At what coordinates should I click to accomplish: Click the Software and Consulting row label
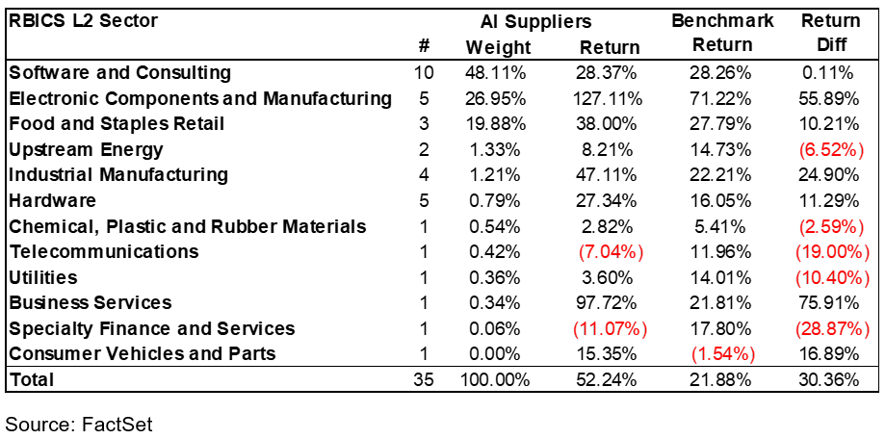tap(120, 72)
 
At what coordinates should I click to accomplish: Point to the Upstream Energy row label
tap(86, 149)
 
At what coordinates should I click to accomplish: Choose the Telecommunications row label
tap(104, 251)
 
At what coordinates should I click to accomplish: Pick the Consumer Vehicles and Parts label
tap(142, 353)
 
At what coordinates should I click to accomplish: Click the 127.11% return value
tap(610, 98)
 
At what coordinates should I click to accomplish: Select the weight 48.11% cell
tap(498, 72)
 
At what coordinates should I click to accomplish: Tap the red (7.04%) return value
tap(610, 251)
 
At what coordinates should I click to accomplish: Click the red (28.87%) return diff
tap(829, 328)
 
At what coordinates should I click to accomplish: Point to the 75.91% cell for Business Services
tap(829, 302)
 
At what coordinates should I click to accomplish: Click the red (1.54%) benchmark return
tap(721, 353)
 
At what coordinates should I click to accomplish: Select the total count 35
tap(424, 379)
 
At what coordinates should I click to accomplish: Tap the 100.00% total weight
tap(498, 379)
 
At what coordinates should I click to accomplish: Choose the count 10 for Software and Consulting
tap(424, 72)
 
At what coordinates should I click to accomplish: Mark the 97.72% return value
tap(610, 302)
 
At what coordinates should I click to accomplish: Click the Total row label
tap(32, 379)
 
